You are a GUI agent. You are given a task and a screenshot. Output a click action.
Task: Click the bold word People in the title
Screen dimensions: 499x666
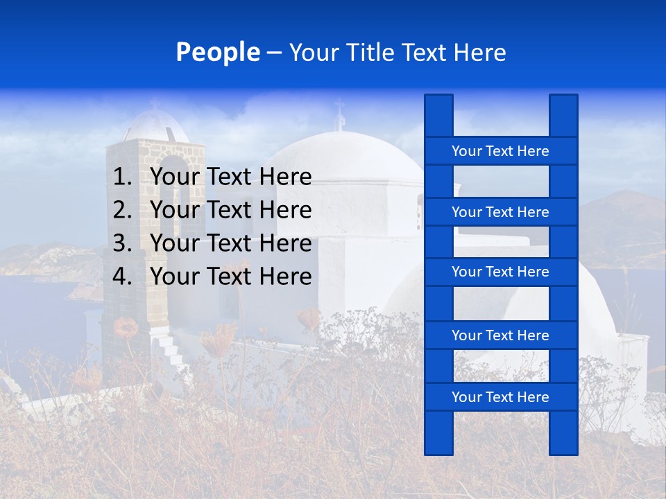tap(218, 53)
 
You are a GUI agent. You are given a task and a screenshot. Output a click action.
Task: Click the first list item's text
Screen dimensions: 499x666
tap(230, 177)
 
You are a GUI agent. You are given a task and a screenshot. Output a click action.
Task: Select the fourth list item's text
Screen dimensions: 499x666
tap(230, 277)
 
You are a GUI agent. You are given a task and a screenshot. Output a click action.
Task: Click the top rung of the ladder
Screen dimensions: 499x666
tap(500, 151)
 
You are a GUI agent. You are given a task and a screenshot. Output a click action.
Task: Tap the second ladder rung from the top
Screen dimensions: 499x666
tap(500, 212)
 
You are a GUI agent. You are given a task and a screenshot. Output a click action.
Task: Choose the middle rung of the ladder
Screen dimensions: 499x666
tap(500, 272)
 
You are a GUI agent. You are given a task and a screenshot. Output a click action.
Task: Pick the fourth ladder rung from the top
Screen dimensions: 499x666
tap(500, 335)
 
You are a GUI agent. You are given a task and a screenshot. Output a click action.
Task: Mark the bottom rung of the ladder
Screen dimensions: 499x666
tap(500, 397)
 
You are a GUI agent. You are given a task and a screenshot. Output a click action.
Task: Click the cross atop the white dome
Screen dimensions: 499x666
tap(339, 114)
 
